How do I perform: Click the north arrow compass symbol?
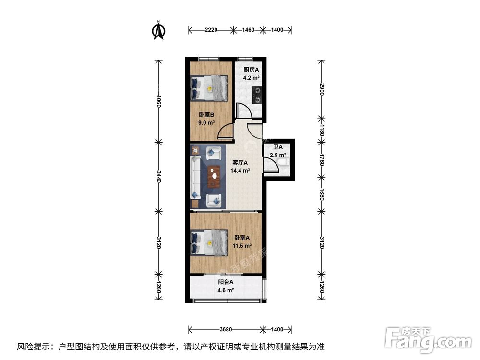click(x=159, y=30)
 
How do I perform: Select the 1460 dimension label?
click(x=248, y=30)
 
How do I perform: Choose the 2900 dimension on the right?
click(x=322, y=89)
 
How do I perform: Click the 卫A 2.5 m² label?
click(x=277, y=151)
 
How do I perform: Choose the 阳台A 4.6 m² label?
click(x=225, y=286)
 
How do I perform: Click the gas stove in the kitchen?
click(x=258, y=95)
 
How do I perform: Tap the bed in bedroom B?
click(x=210, y=88)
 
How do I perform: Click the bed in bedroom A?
click(x=210, y=242)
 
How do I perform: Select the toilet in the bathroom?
click(x=284, y=165)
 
